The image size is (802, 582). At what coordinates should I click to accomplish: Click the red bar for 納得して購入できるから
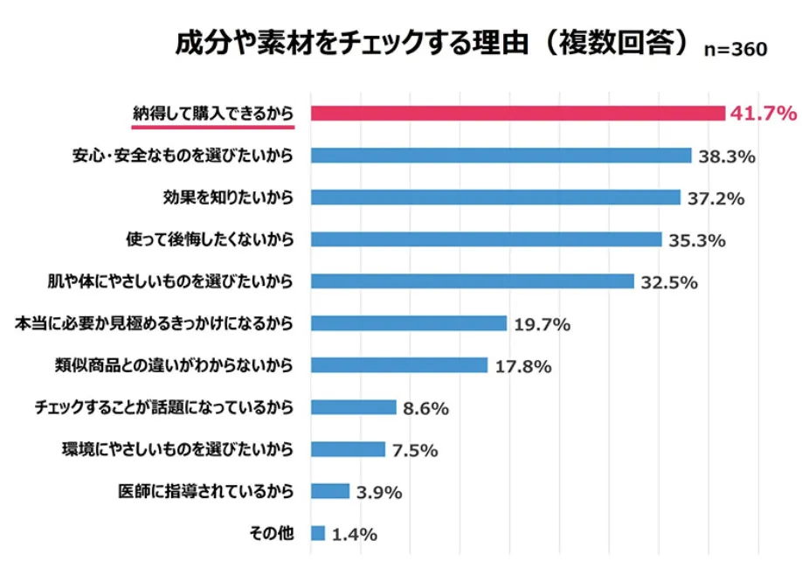pos(518,114)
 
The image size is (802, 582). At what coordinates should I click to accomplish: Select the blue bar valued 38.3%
pos(501,156)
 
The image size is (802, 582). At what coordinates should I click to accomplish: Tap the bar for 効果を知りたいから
pos(495,197)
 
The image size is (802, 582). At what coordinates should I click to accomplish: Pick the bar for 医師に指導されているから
pos(330,491)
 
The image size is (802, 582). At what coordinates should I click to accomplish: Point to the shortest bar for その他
pos(318,533)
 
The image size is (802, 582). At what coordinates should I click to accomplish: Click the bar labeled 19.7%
pos(409,323)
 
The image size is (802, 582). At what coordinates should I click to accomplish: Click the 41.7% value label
pos(764,114)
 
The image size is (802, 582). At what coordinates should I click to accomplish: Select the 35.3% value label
pos(697,240)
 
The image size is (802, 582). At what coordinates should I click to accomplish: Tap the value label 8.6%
pos(426,408)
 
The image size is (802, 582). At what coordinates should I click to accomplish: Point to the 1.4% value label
pos(355,534)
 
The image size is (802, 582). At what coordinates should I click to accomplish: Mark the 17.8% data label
pos(522,366)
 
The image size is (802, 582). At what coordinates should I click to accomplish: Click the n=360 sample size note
pos(736,50)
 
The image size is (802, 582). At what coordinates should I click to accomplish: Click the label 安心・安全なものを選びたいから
pos(183,156)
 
